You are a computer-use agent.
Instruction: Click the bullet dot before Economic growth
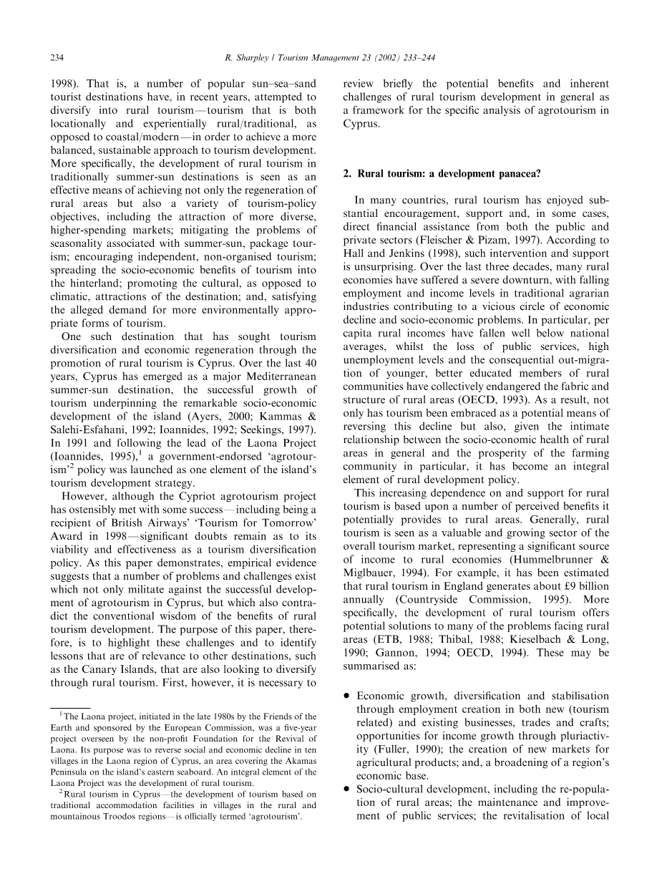coord(346,696)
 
